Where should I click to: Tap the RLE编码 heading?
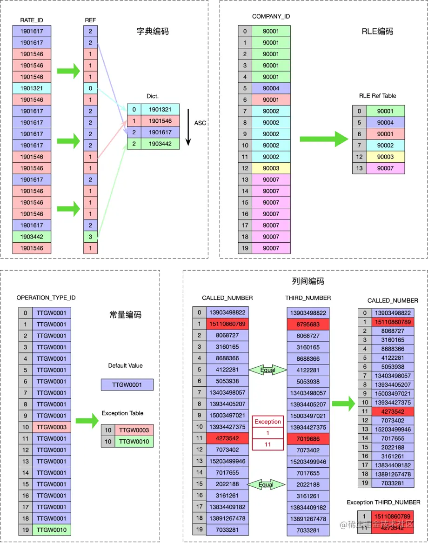coord(377,32)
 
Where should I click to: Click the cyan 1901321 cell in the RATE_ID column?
coord(32,88)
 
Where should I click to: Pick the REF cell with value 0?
coord(90,88)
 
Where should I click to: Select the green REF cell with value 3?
coord(90,237)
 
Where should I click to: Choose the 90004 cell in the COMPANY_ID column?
coord(271,88)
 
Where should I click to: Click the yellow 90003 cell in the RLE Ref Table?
coord(385,157)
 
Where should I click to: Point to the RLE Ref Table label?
coord(377,96)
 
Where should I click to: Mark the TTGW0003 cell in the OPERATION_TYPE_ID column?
coord(51,427)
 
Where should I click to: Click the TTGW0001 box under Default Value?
coord(127,384)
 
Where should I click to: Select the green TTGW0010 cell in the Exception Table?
coord(134,442)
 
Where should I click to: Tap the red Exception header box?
coord(267,422)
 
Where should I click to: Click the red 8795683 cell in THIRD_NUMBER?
coord(308,324)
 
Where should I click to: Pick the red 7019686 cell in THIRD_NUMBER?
coord(308,438)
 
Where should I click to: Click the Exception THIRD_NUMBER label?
coord(383,502)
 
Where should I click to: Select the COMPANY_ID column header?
coord(271,16)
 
